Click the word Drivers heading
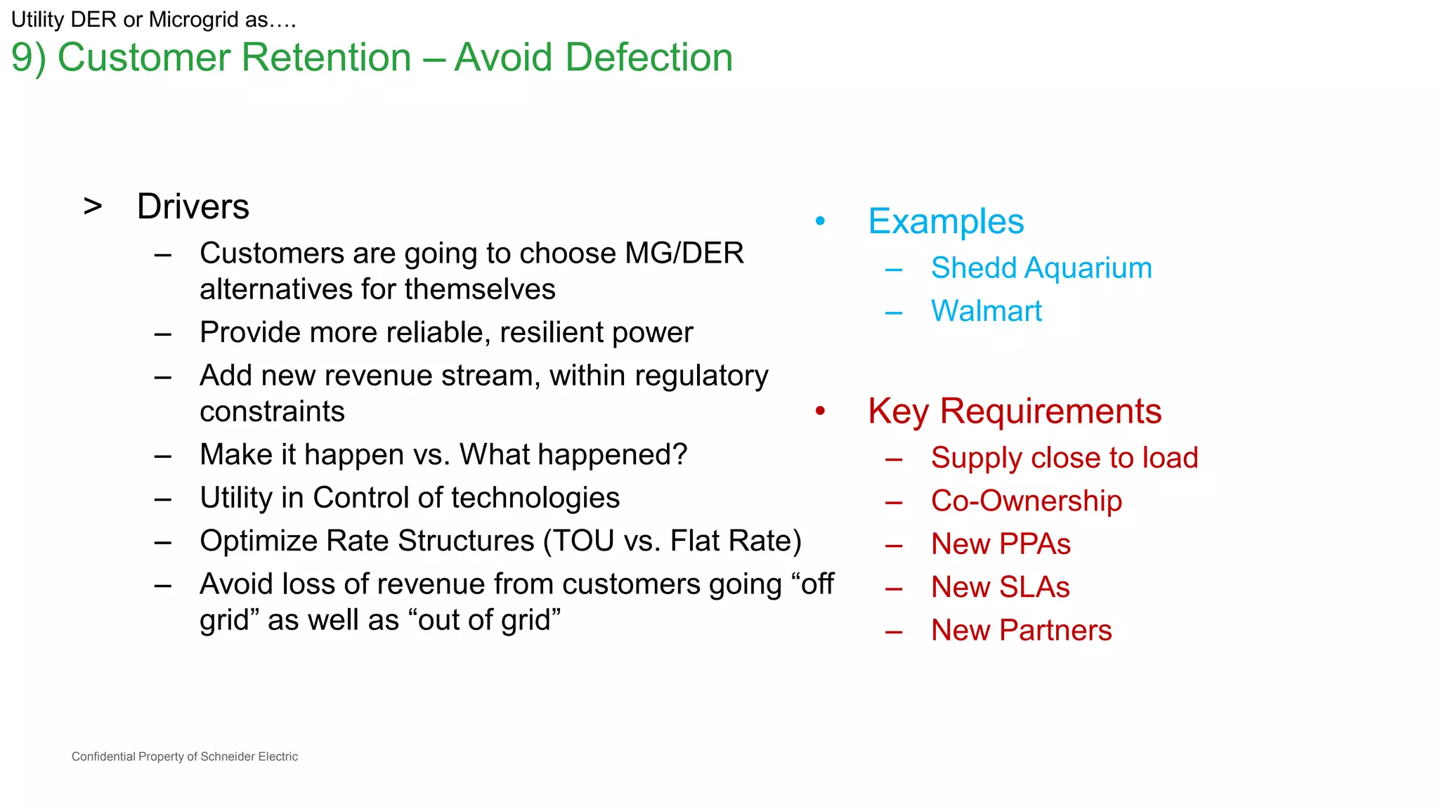(x=193, y=206)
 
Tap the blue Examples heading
(x=946, y=222)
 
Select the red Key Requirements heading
(x=1015, y=412)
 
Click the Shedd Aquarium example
(x=1041, y=268)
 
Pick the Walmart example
(x=986, y=311)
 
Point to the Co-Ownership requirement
(x=1026, y=501)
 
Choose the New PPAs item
(x=1001, y=544)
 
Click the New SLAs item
(x=1000, y=587)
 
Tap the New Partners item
(x=1021, y=631)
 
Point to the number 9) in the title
(x=28, y=58)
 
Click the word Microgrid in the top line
(x=194, y=20)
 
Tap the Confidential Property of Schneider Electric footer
(x=185, y=756)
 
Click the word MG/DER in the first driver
(x=684, y=254)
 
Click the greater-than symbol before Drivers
(x=93, y=207)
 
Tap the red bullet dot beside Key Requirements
(x=820, y=411)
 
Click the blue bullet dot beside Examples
(x=820, y=221)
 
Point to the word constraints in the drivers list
(x=272, y=412)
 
